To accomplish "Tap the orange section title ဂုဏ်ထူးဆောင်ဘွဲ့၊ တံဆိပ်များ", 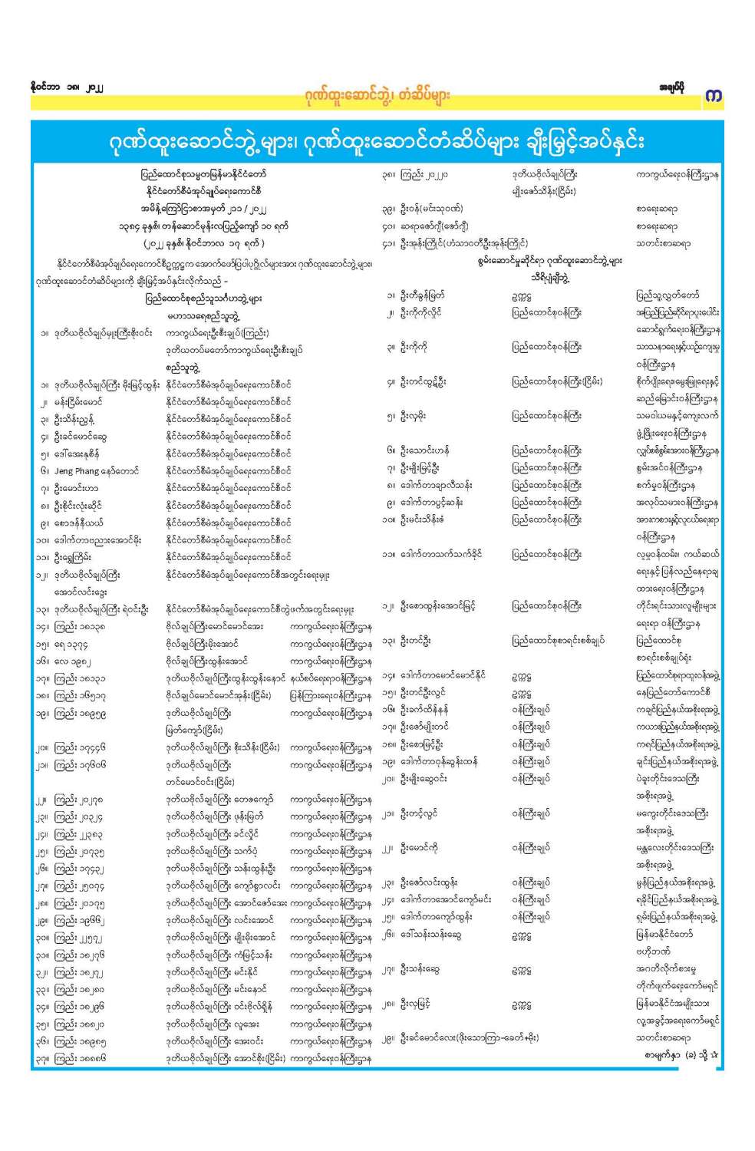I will (376, 96).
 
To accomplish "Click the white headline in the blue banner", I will (376, 141).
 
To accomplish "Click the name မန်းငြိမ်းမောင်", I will (78, 401).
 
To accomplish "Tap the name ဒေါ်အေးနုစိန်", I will (77, 453).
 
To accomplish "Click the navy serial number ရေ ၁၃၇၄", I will (74, 644).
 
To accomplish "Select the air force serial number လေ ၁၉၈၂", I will (74, 661).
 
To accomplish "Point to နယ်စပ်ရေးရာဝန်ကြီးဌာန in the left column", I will (331, 678).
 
